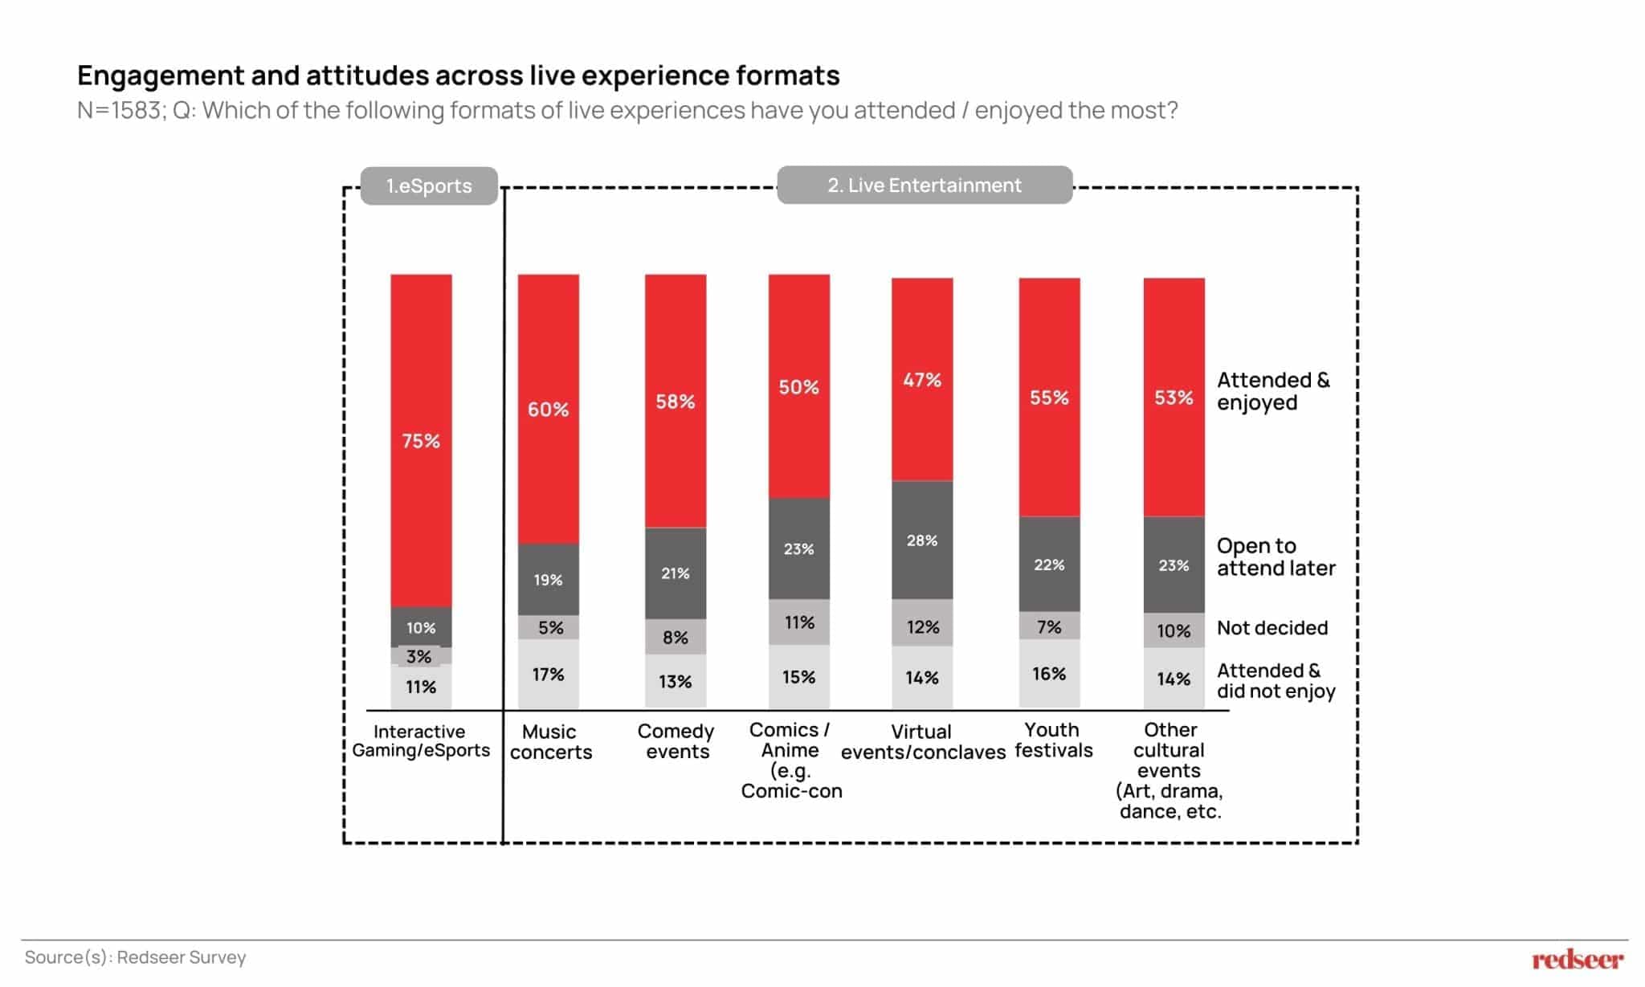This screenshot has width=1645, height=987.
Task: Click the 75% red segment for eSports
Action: point(421,440)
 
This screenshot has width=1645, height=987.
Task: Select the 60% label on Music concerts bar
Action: point(548,410)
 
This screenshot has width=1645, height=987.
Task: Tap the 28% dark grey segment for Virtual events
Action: point(922,540)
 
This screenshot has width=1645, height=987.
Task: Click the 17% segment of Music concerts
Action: point(548,675)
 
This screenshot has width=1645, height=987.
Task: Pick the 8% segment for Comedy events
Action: point(676,637)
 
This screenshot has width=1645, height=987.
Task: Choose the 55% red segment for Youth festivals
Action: point(1049,398)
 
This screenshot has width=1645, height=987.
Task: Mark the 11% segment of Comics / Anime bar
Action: point(799,622)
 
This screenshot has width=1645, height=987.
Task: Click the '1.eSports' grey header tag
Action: point(429,186)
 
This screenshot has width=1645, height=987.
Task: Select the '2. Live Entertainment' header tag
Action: point(925,186)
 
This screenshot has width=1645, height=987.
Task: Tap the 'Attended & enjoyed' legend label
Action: point(1273,391)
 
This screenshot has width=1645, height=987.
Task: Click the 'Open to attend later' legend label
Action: point(1276,557)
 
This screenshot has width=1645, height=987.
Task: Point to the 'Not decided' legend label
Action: point(1272,628)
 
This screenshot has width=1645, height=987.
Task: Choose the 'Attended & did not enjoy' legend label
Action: point(1276,681)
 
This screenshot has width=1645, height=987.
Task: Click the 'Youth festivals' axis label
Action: point(1053,740)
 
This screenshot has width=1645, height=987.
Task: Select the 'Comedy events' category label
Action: point(676,741)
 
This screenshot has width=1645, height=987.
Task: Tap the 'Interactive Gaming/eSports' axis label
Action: point(421,741)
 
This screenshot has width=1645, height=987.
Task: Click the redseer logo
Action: point(1578,959)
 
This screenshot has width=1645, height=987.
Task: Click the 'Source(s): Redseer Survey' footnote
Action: point(135,957)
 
